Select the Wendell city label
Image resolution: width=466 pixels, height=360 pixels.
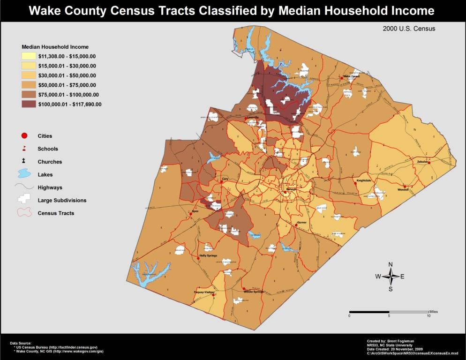pyautogui.click(x=403, y=189)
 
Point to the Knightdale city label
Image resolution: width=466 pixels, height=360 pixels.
pyautogui.click(x=364, y=180)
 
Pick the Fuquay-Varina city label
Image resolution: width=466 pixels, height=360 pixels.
pyautogui.click(x=204, y=292)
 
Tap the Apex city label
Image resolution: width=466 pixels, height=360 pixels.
pyautogui.click(x=196, y=211)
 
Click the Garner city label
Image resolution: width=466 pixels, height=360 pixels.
pyautogui.click(x=301, y=222)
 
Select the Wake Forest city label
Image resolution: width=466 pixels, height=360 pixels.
pyautogui.click(x=352, y=76)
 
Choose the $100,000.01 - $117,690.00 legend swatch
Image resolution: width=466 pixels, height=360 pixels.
pyautogui.click(x=29, y=104)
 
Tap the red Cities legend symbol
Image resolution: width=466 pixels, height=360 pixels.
pyautogui.click(x=24, y=136)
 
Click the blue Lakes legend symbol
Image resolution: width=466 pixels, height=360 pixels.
pyautogui.click(x=25, y=174)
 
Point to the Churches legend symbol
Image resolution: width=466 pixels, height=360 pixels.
pyautogui.click(x=24, y=162)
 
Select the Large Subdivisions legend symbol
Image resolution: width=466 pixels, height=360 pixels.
pyautogui.click(x=25, y=200)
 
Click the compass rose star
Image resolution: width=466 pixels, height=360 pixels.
pyautogui.click(x=391, y=276)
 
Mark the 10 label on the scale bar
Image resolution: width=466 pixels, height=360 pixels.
pyautogui.click(x=428, y=316)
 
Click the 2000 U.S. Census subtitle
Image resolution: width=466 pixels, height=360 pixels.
pyautogui.click(x=409, y=29)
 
